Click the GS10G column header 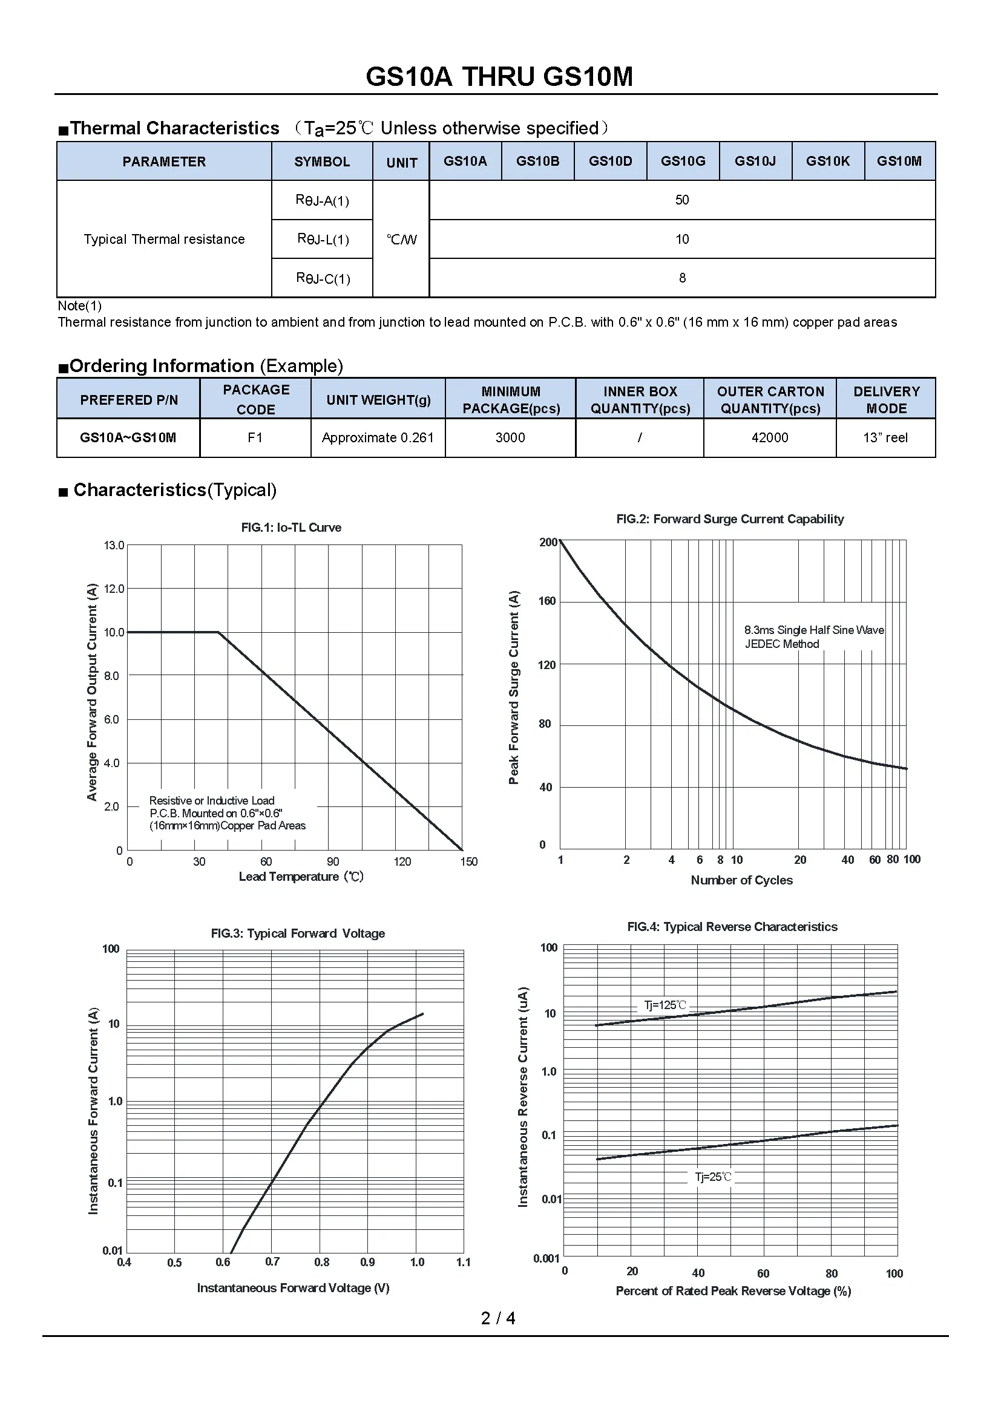[682, 162]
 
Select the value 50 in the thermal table [681, 200]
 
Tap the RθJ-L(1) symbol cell [323, 239]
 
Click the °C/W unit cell [401, 240]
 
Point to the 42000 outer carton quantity [769, 437]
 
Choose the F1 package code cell [255, 437]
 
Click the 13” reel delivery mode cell [885, 437]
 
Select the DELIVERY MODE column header [886, 399]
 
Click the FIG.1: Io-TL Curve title [291, 528]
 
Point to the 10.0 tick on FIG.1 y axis [114, 632]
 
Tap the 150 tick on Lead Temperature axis [468, 861]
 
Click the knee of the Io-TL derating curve [218, 632]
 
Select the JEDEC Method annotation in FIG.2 [781, 644]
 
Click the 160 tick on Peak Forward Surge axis [546, 601]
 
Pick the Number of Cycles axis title [741, 880]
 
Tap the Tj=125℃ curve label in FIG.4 [665, 1005]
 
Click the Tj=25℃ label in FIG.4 [713, 1177]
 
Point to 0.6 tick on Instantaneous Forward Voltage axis [223, 1262]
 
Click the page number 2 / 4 [498, 1318]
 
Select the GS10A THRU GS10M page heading [499, 77]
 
